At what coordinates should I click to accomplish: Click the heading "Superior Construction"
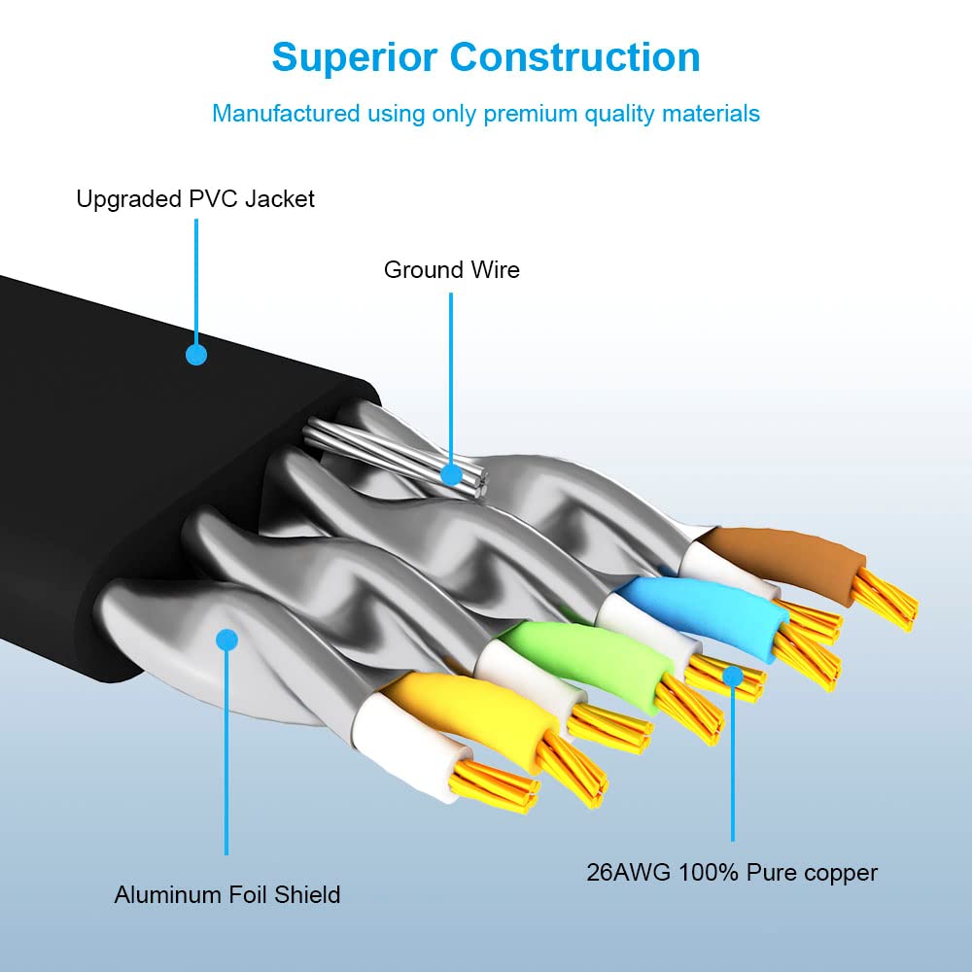[x=486, y=57]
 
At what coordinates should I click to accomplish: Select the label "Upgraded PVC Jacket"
[x=195, y=199]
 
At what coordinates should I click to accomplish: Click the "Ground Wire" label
[x=451, y=269]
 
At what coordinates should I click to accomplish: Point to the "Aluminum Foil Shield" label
[x=227, y=894]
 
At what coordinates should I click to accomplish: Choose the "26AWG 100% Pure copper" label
[x=732, y=872]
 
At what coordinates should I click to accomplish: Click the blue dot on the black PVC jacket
[x=196, y=355]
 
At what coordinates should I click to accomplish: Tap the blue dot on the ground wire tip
[x=452, y=475]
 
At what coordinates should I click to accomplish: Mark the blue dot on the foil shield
[x=227, y=640]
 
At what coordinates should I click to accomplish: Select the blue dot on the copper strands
[x=733, y=676]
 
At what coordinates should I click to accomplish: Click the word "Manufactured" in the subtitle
[x=286, y=114]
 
